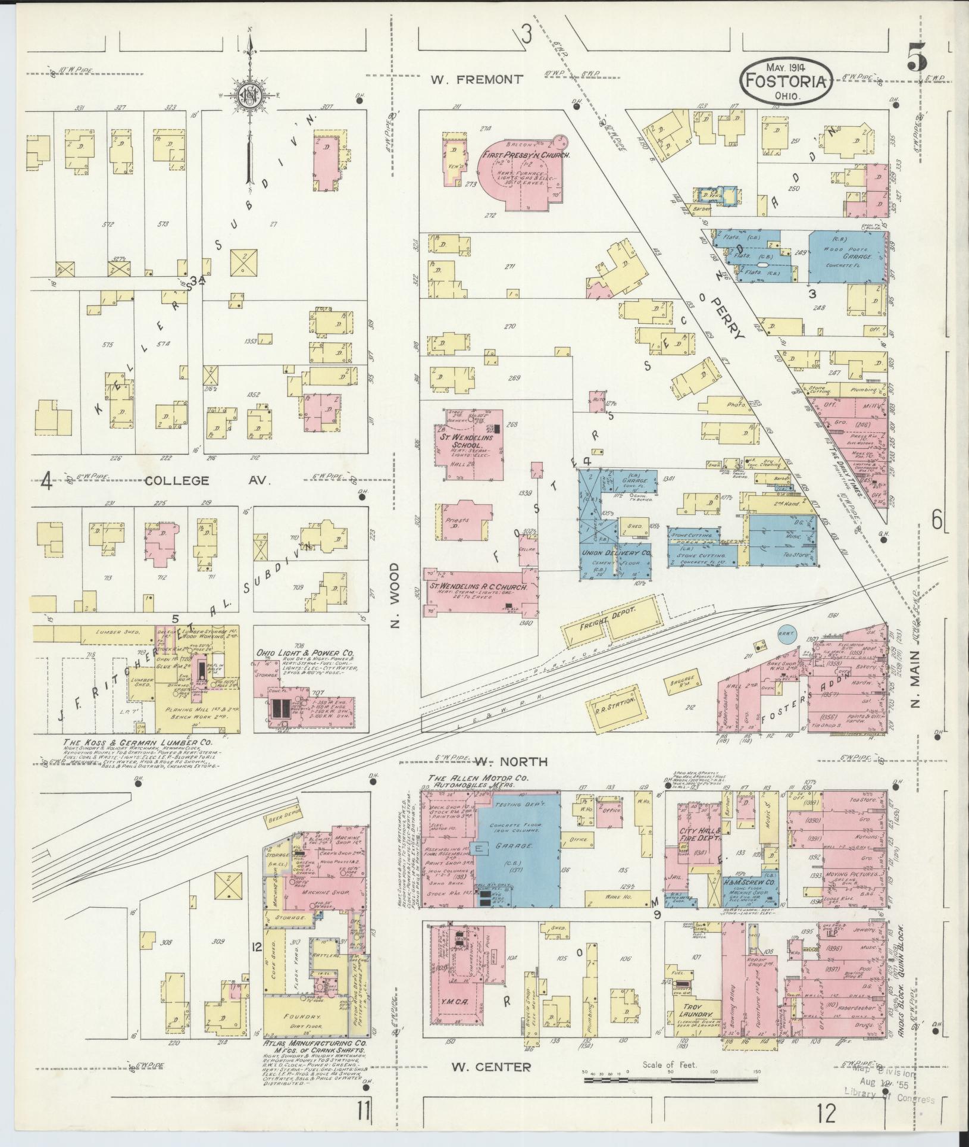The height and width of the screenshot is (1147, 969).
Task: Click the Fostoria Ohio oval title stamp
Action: [x=786, y=80]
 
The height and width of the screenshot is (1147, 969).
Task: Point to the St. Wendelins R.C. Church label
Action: [x=479, y=587]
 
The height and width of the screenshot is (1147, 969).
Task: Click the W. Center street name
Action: [x=491, y=1067]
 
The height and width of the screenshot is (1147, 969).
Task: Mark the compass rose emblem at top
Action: [x=250, y=93]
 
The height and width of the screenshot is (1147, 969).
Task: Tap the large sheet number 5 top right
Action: [x=917, y=60]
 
